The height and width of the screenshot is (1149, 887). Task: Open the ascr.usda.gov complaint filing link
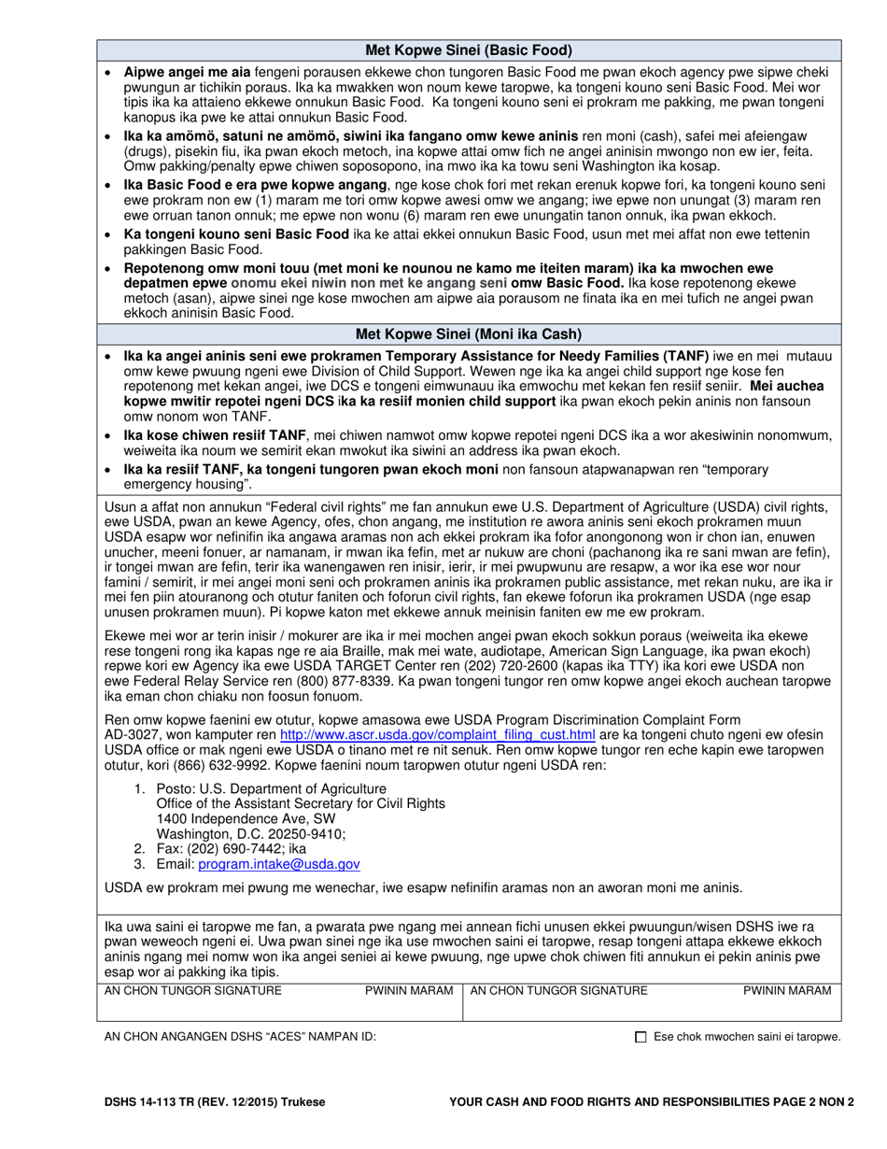[437, 734]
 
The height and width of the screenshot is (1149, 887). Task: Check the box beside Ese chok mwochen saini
[641, 1037]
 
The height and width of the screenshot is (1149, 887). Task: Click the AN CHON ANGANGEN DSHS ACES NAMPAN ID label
[240, 1037]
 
